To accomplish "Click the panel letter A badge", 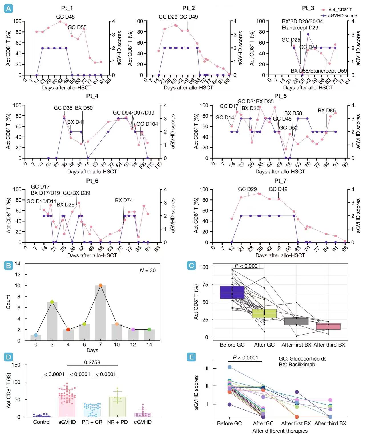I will click(9, 9).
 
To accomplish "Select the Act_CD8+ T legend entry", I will click(340, 10).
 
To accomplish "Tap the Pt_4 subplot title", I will click(92, 96).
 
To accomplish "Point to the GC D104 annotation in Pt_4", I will click(147, 124).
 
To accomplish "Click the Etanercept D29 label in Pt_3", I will click(300, 28).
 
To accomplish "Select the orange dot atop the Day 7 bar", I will click(100, 285).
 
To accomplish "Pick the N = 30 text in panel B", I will click(148, 270).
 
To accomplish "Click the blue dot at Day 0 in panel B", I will click(36, 335).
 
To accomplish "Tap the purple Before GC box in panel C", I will click(232, 292).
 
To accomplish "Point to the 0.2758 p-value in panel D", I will click(92, 362).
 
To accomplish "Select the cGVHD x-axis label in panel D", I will click(143, 422).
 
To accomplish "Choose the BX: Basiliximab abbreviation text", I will click(297, 365).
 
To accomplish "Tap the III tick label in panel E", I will click(207, 369).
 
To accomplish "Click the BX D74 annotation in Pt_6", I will click(124, 201).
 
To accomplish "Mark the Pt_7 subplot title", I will click(280, 181).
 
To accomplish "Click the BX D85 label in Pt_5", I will click(327, 111).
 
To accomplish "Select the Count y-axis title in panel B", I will click(8, 302).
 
